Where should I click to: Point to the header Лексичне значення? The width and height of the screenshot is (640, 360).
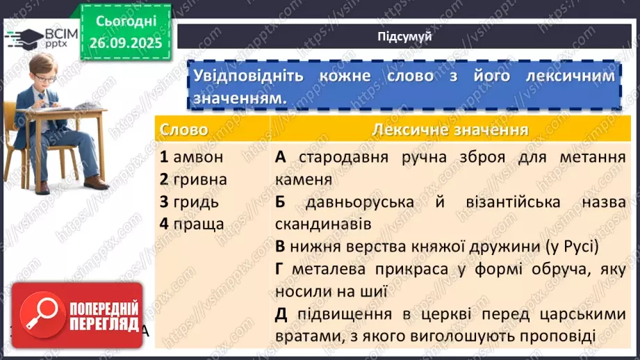tap(450, 130)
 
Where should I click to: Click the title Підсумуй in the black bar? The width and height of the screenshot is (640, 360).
tap(404, 37)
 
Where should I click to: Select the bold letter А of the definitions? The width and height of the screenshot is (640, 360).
tap(281, 157)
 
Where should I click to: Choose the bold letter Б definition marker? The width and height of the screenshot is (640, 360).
tap(281, 202)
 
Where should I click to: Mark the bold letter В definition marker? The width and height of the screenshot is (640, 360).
tap(280, 247)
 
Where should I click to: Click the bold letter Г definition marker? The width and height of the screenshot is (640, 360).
tap(280, 269)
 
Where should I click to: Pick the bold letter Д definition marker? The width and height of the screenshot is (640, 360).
tap(281, 314)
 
